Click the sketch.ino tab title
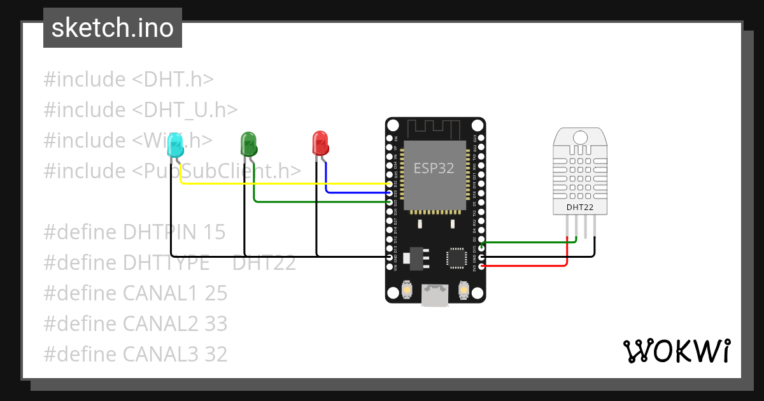coord(112,28)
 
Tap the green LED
coord(248,144)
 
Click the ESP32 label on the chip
coord(434,168)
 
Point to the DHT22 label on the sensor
coord(580,208)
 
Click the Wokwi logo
coord(676,351)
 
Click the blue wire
coord(357,192)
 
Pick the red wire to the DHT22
coord(528,266)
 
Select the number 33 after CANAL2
coord(216,324)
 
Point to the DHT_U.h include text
coord(185,110)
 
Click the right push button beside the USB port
coord(463,291)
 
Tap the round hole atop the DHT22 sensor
coord(580,137)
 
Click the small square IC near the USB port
coord(456,258)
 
